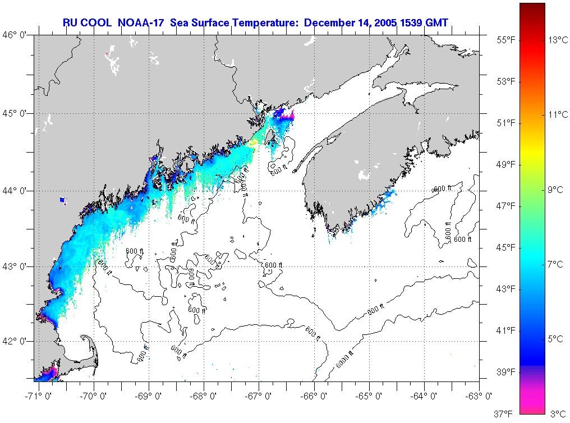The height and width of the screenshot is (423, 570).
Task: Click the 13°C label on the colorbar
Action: (x=558, y=40)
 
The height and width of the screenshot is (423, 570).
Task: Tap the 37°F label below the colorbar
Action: (x=503, y=414)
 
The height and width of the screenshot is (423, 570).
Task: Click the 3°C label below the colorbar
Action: (x=557, y=414)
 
